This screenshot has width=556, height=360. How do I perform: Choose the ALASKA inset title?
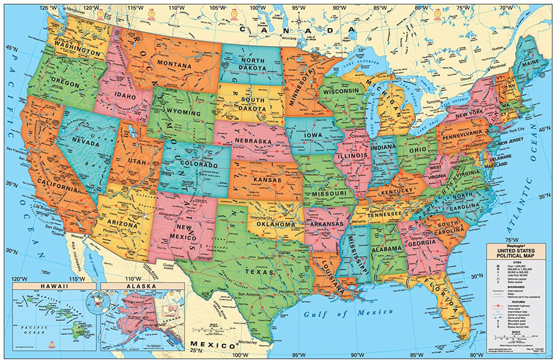[138, 286]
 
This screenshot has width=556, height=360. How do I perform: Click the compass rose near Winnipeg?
[299, 22]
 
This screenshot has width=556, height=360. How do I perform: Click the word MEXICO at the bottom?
[209, 345]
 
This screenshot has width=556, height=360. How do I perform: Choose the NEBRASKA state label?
[252, 141]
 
